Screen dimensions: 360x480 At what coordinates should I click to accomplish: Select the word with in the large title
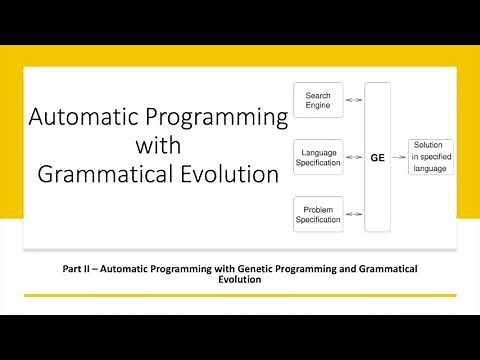click(x=157, y=145)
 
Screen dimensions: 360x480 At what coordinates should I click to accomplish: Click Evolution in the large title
click(x=233, y=174)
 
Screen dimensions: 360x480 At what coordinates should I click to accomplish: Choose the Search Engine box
click(x=318, y=100)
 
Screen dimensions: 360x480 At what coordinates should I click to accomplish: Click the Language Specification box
click(x=318, y=156)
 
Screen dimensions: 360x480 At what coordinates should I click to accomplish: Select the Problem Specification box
click(x=318, y=213)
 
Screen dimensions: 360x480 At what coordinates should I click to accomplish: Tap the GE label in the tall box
click(x=378, y=158)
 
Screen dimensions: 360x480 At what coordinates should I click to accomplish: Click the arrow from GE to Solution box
click(x=400, y=157)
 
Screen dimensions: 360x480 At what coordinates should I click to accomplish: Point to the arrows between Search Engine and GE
click(x=354, y=100)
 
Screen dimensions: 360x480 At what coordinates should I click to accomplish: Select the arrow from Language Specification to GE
click(x=354, y=157)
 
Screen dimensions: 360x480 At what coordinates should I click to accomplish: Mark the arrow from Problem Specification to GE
click(x=354, y=213)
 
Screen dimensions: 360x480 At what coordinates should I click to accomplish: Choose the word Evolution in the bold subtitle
click(x=239, y=281)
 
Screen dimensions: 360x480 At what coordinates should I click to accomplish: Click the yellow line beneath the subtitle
click(x=240, y=295)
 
